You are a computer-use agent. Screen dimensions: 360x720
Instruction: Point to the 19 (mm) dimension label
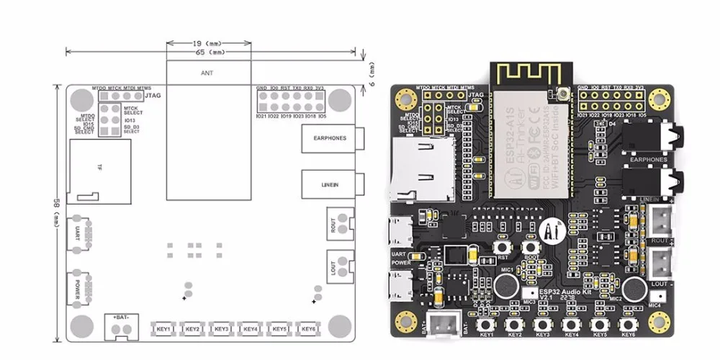(x=210, y=42)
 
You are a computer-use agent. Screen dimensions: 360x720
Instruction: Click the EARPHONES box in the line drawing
(x=330, y=138)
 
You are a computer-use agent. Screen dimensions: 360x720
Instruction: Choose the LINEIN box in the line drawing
(x=330, y=185)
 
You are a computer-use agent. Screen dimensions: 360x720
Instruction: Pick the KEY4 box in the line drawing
(x=251, y=329)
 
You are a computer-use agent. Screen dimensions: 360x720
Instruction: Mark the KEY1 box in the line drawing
(x=163, y=329)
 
